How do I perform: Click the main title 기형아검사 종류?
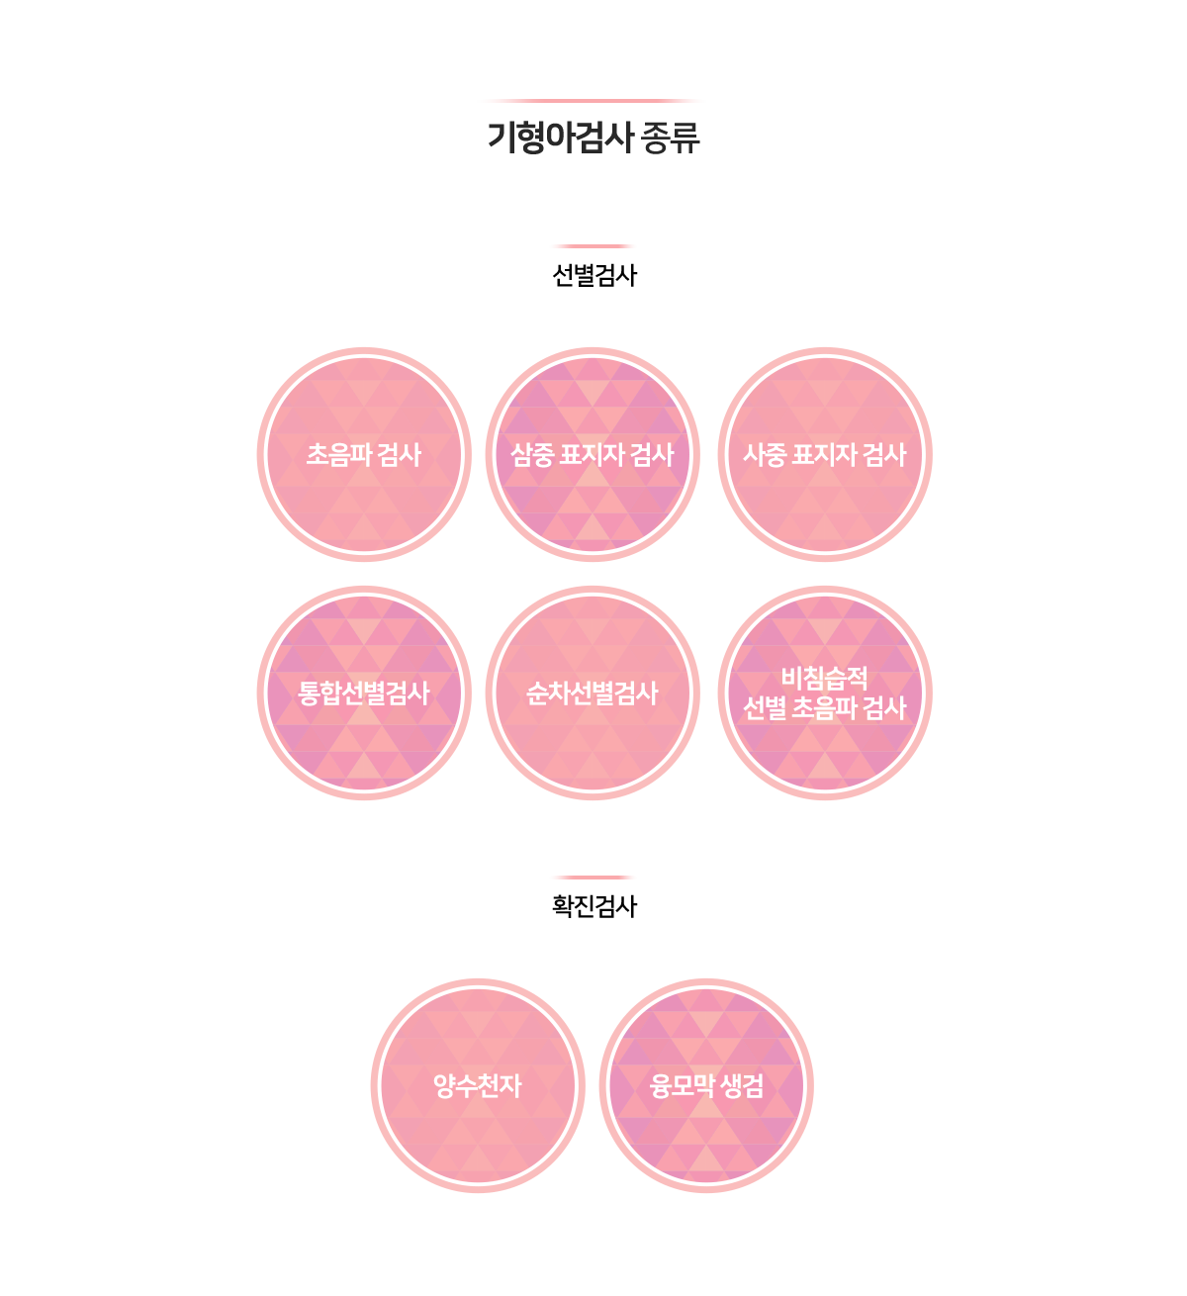[x=593, y=137]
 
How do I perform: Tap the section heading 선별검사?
[x=593, y=276]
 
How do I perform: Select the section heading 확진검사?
[x=593, y=906]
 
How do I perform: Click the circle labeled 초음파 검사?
[x=364, y=454]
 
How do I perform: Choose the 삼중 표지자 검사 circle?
[x=593, y=454]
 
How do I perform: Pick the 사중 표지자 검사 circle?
[x=825, y=454]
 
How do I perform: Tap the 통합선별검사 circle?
[x=364, y=693]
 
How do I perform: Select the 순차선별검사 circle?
[x=593, y=693]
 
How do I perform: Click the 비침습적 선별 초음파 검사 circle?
[x=825, y=693]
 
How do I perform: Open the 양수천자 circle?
[x=478, y=1085]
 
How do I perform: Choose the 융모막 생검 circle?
[x=706, y=1085]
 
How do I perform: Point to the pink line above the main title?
[x=593, y=101]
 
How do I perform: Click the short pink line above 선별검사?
[x=593, y=246]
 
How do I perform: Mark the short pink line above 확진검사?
[x=593, y=878]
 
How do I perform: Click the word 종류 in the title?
[x=670, y=138]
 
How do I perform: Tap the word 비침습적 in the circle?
[x=825, y=678]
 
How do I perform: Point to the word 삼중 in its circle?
[x=532, y=455]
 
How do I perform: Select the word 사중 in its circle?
[x=765, y=455]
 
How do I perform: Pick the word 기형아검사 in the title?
[x=560, y=138]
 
